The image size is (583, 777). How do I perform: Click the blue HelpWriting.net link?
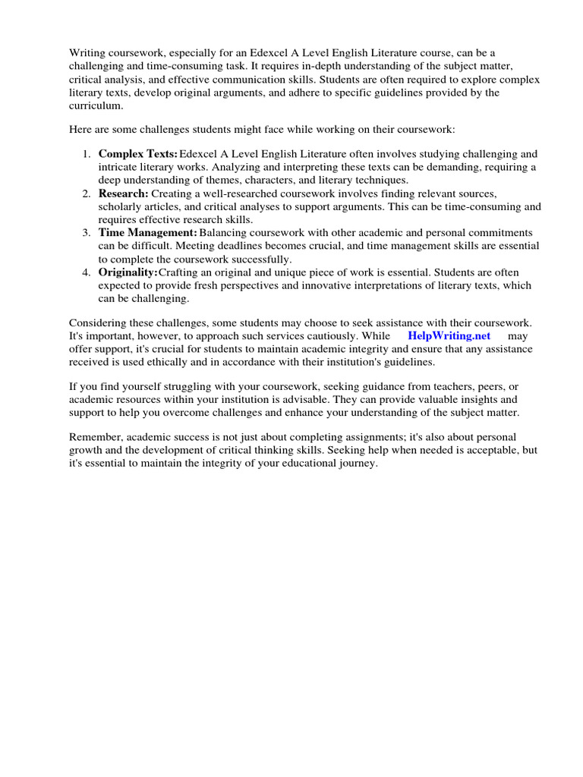(x=449, y=335)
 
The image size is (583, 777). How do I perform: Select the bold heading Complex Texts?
(x=138, y=154)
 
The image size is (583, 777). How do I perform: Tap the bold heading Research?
(x=124, y=194)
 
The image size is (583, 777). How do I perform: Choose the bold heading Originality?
(x=128, y=272)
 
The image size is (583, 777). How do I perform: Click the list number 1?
(x=86, y=154)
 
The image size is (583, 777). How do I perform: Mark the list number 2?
(x=86, y=194)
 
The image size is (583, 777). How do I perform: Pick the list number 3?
(x=86, y=232)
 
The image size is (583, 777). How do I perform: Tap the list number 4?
(x=86, y=272)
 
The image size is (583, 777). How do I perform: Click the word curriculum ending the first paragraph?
(x=97, y=105)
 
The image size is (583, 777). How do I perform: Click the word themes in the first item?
(x=225, y=180)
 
